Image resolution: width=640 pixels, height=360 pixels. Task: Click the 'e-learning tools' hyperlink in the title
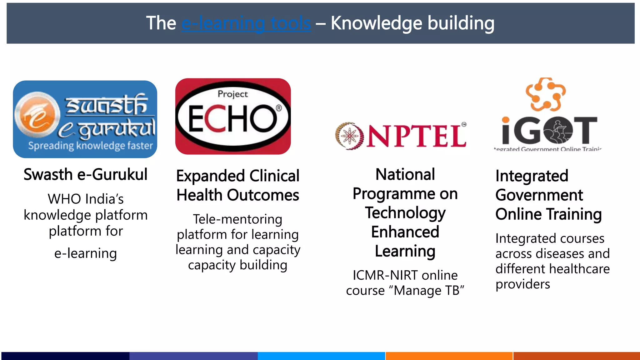[246, 23]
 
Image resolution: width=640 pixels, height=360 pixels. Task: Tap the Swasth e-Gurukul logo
[85, 119]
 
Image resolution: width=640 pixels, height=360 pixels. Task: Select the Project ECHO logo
[233, 116]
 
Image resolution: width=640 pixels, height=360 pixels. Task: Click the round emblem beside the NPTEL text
[349, 136]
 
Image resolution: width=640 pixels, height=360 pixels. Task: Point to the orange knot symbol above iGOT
[545, 94]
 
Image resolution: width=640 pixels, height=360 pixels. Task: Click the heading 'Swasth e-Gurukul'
[85, 174]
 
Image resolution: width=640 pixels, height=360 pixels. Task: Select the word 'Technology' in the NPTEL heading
[405, 213]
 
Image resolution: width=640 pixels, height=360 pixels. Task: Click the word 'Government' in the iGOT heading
[539, 195]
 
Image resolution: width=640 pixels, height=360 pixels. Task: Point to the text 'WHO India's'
[86, 199]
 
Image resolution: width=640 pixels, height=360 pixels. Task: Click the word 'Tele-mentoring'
[237, 219]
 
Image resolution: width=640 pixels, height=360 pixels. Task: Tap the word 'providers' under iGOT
[522, 284]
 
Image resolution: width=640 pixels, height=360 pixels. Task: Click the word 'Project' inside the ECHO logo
[232, 94]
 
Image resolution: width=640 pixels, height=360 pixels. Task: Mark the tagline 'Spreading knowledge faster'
[90, 146]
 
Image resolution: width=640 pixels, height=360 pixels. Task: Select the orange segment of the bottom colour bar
[449, 356]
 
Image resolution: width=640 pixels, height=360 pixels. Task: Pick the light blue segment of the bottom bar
[321, 356]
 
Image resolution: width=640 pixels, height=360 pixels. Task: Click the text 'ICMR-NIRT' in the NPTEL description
[385, 275]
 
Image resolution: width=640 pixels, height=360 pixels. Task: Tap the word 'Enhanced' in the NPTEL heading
[405, 232]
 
